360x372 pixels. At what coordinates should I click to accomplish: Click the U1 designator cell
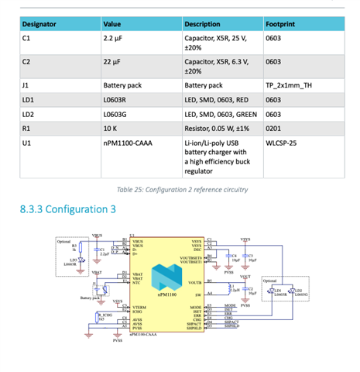27,143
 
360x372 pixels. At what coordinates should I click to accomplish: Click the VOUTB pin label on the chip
195,283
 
